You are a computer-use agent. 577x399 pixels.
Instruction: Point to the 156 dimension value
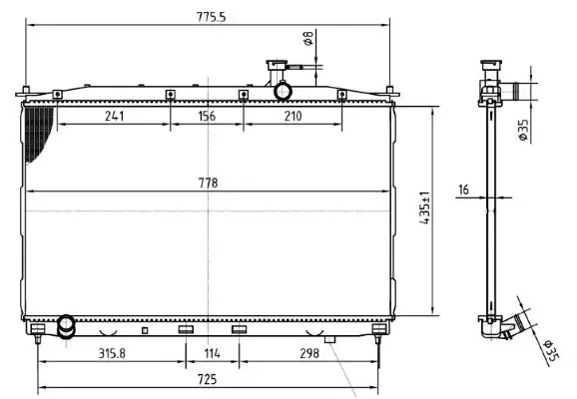coord(207,116)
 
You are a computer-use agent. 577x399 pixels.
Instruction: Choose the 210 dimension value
coord(292,116)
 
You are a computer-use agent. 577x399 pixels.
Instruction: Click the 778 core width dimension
coord(208,183)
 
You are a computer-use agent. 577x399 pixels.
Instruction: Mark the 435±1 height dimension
coord(424,210)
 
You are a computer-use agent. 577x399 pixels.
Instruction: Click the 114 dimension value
coord(211,352)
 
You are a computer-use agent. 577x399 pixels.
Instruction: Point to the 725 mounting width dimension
coord(208,380)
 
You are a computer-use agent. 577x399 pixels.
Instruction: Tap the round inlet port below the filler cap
coord(283,92)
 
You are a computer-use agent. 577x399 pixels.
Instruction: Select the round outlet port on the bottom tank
coord(67,324)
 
